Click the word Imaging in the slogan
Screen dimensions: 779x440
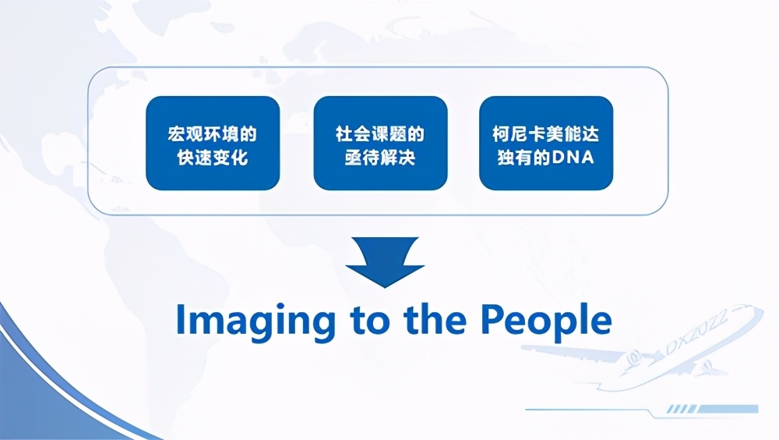[256, 322]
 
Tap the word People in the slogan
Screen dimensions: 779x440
[546, 322]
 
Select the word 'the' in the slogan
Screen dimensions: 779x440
[435, 319]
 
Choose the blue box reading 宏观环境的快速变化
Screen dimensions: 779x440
[213, 144]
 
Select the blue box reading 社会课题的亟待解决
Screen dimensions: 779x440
[381, 144]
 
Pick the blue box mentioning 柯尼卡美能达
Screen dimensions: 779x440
[546, 144]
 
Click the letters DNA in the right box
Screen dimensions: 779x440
[573, 158]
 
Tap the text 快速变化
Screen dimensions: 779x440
[213, 158]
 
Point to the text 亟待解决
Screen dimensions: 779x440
[380, 158]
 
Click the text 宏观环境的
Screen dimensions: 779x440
[213, 134]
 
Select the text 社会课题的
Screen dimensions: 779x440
[380, 134]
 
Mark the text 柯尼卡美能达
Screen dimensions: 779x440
[546, 134]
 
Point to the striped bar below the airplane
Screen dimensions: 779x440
[713, 409]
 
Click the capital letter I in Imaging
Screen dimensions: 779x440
[181, 319]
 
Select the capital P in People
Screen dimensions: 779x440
[492, 319]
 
